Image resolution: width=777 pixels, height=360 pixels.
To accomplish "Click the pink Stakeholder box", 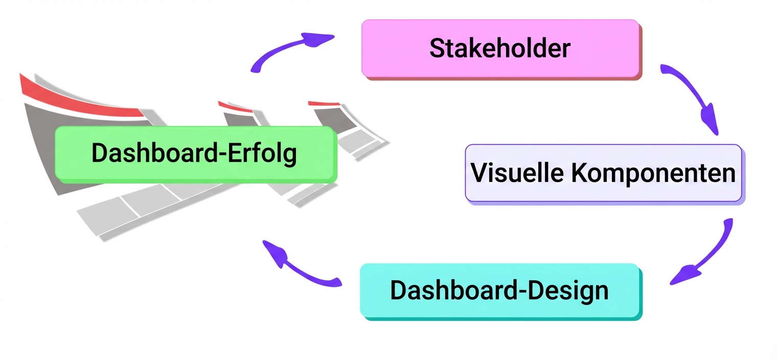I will [501, 49].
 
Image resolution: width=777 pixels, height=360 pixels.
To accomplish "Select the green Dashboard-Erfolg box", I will [195, 153].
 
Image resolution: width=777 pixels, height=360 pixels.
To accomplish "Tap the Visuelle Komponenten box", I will [603, 173].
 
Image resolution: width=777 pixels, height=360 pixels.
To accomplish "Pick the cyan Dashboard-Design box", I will [500, 290].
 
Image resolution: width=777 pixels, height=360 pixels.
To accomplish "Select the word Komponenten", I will [653, 174].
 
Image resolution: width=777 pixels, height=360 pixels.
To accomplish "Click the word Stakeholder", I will [499, 49].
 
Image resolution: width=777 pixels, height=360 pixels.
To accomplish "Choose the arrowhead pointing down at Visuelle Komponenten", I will [710, 120].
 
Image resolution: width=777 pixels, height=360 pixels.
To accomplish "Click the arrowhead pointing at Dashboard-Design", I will [682, 276].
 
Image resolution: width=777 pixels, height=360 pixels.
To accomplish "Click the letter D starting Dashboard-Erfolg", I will [99, 153].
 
